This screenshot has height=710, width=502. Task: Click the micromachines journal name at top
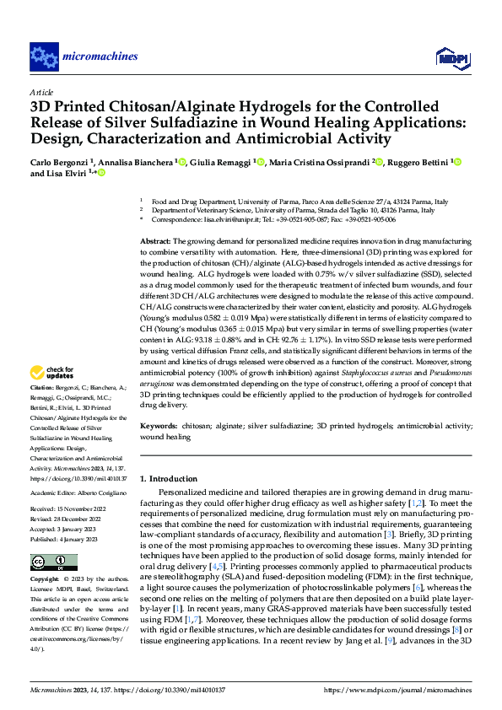click(100, 56)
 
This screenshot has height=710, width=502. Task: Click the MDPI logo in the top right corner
click(448, 56)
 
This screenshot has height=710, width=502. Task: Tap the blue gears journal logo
click(43, 56)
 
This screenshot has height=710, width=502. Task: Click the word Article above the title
click(41, 91)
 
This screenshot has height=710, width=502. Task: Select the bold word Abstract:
click(158, 241)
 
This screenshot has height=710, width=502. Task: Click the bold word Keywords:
click(159, 428)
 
